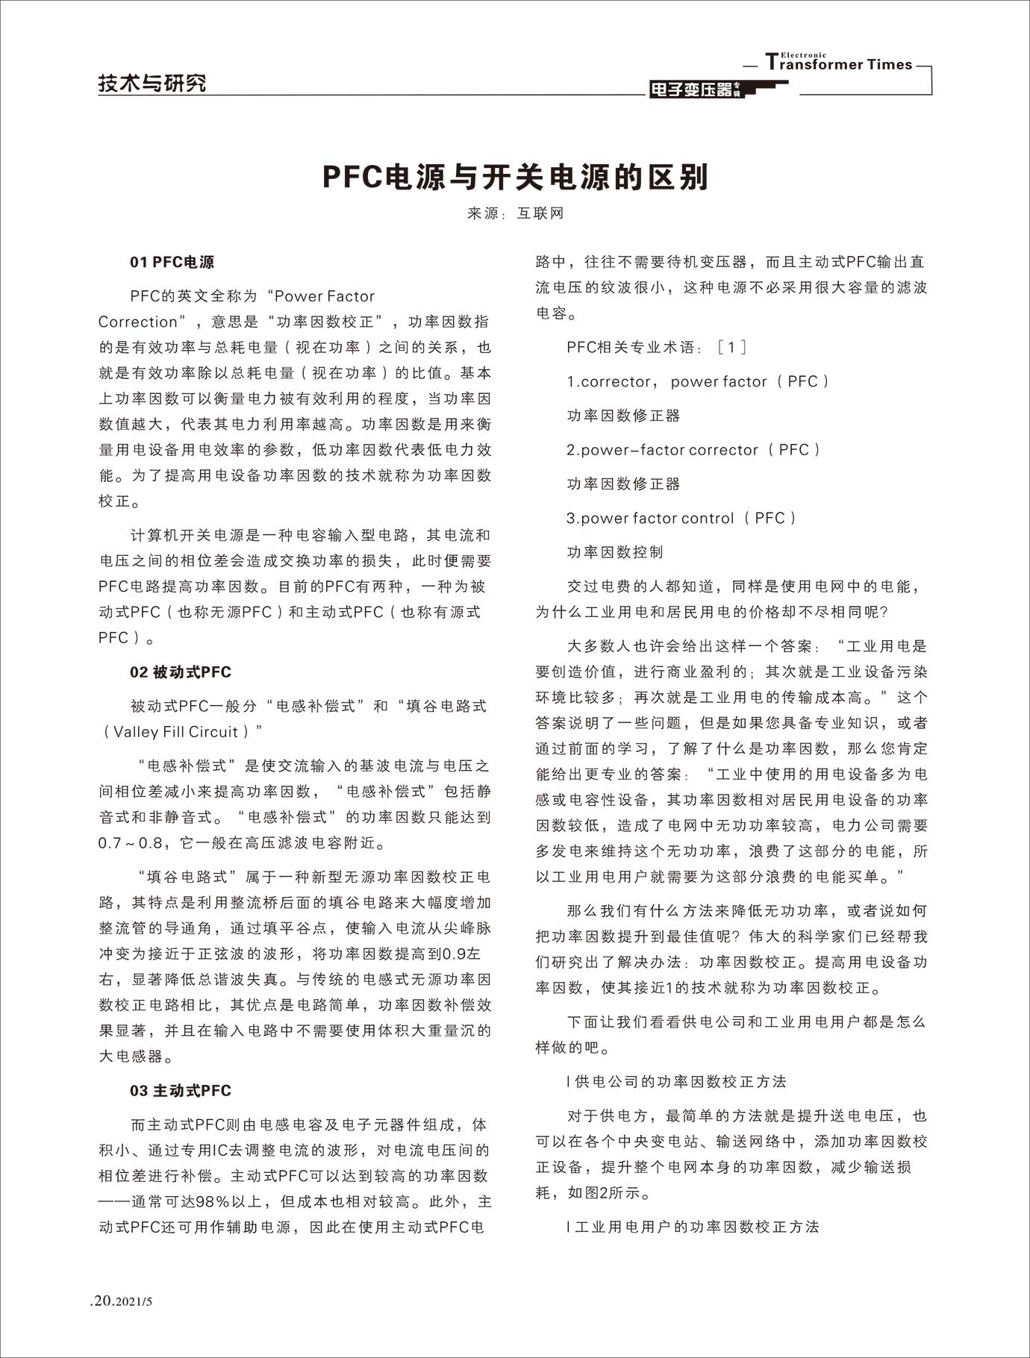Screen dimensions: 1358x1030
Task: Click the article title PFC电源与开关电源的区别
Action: click(515, 178)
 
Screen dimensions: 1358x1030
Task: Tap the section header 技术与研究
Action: click(152, 84)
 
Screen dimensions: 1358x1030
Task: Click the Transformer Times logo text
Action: click(839, 63)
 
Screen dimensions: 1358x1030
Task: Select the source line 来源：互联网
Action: click(515, 213)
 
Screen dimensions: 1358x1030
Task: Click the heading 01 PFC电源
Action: click(172, 262)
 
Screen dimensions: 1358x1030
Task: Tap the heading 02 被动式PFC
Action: click(180, 672)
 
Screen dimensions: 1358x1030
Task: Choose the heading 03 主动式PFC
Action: click(180, 1090)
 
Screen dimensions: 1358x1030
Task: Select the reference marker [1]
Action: click(731, 347)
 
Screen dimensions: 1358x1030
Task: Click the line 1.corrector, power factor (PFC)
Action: click(697, 381)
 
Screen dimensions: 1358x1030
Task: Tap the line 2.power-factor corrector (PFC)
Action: click(693, 450)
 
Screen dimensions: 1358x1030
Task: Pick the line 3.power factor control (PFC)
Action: click(681, 518)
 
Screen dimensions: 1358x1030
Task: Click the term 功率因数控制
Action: click(615, 552)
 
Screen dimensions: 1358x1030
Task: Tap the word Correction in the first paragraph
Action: click(138, 322)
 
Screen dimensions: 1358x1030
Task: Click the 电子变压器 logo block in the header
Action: click(693, 90)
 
